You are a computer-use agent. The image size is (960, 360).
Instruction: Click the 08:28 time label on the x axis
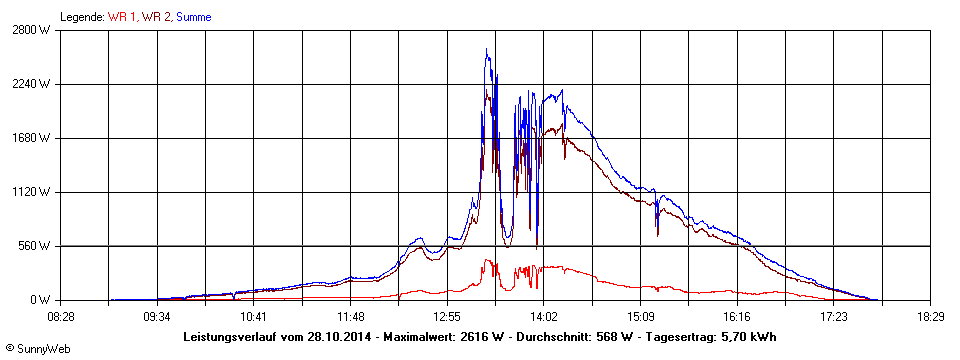point(60,316)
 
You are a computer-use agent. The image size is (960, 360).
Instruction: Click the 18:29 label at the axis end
point(930,316)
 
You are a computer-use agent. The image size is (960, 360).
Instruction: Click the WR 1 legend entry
point(121,17)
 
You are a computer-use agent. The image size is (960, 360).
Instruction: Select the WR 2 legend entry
point(155,17)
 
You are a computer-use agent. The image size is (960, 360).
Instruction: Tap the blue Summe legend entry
point(193,17)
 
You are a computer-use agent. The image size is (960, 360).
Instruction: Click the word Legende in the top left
point(82,17)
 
